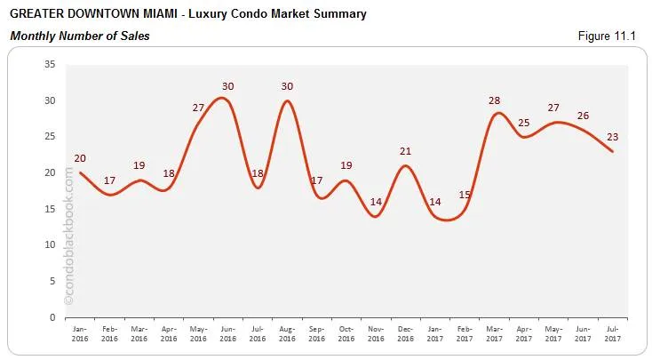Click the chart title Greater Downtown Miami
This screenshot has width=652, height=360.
click(187, 14)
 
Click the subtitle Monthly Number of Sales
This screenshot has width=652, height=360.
click(79, 36)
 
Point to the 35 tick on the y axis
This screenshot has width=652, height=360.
click(50, 64)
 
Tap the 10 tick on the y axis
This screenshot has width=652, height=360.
click(50, 244)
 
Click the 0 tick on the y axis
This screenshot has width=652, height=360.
click(52, 317)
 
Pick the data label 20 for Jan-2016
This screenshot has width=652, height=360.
click(81, 157)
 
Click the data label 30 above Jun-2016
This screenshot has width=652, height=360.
click(228, 85)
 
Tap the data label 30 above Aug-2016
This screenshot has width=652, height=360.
click(287, 85)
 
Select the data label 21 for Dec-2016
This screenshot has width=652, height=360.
click(405, 150)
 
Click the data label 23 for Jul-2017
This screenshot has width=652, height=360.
click(612, 136)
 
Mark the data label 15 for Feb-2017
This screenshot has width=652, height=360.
click(465, 194)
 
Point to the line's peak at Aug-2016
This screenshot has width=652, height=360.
click(287, 100)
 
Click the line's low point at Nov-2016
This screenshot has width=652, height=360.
click(376, 216)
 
